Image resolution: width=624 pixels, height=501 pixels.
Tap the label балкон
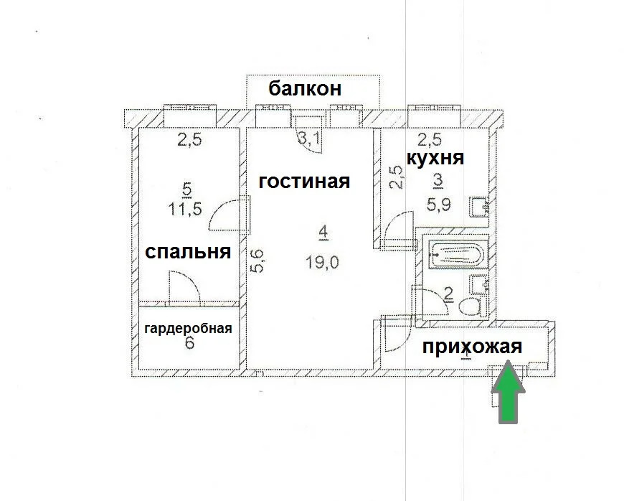click(303, 90)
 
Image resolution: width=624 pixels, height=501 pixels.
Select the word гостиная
click(304, 182)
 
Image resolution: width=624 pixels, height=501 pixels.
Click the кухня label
click(435, 158)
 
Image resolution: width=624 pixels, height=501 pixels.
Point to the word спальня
click(187, 252)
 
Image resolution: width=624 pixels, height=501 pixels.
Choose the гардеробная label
click(188, 329)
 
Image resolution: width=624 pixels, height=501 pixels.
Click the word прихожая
click(471, 347)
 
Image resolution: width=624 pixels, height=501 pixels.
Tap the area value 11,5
click(186, 209)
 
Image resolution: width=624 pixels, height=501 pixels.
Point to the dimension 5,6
click(257, 259)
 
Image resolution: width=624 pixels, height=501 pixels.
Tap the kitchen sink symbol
click(478, 207)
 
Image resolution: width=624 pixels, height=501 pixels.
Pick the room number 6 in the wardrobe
click(189, 343)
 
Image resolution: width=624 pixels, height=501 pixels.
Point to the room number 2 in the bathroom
click(449, 294)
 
